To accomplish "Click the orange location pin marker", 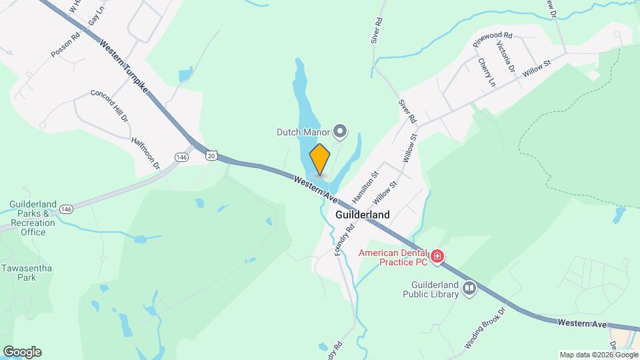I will pos(320,160).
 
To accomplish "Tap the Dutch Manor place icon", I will pos(341,131).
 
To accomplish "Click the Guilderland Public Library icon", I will pos(470,288).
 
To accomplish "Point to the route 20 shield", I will pos(211,155).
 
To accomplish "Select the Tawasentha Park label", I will pos(27,273).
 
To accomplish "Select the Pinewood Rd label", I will pos(492,39).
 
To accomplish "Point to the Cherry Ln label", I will pos(487,72).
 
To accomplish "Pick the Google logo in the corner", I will pos(22,352).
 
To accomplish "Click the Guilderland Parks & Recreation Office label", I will pos(33,218).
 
